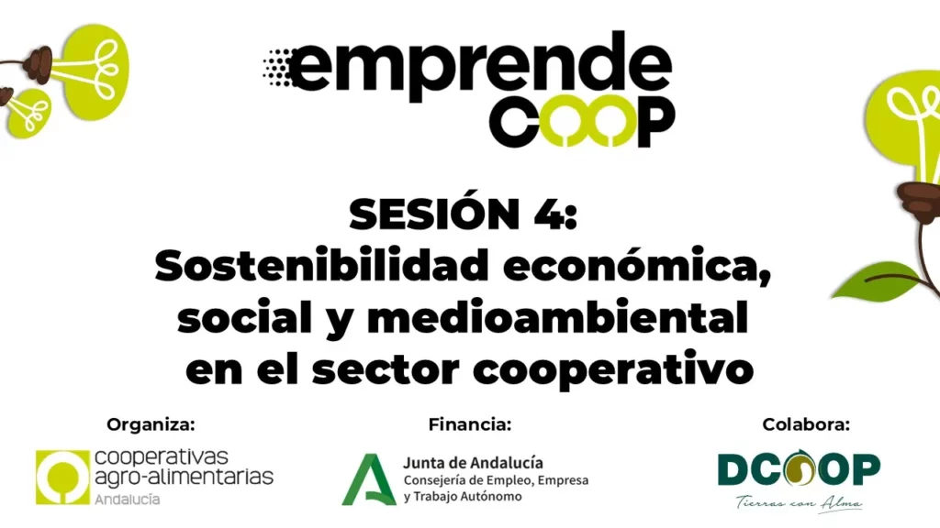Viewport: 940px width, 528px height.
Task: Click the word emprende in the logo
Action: (x=479, y=66)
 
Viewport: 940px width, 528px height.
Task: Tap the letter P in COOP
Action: (x=655, y=121)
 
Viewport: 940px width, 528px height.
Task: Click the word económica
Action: (x=637, y=265)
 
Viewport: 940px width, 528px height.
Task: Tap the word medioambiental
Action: (x=557, y=316)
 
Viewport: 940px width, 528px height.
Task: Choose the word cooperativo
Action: (x=612, y=370)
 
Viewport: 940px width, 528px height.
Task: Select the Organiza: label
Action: (x=151, y=424)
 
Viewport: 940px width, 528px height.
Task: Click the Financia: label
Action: (x=470, y=424)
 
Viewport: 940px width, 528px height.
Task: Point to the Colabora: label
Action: (x=806, y=424)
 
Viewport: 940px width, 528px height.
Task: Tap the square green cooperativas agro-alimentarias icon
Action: (x=62, y=477)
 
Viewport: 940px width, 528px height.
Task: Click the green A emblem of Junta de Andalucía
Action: (x=369, y=479)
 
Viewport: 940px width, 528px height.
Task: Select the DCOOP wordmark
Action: (x=800, y=468)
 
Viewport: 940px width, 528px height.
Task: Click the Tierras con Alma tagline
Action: (x=800, y=501)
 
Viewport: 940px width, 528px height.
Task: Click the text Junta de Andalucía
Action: (x=473, y=463)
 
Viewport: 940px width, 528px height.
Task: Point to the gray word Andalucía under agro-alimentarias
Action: (x=128, y=499)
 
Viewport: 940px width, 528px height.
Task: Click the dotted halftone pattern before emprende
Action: (x=277, y=67)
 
